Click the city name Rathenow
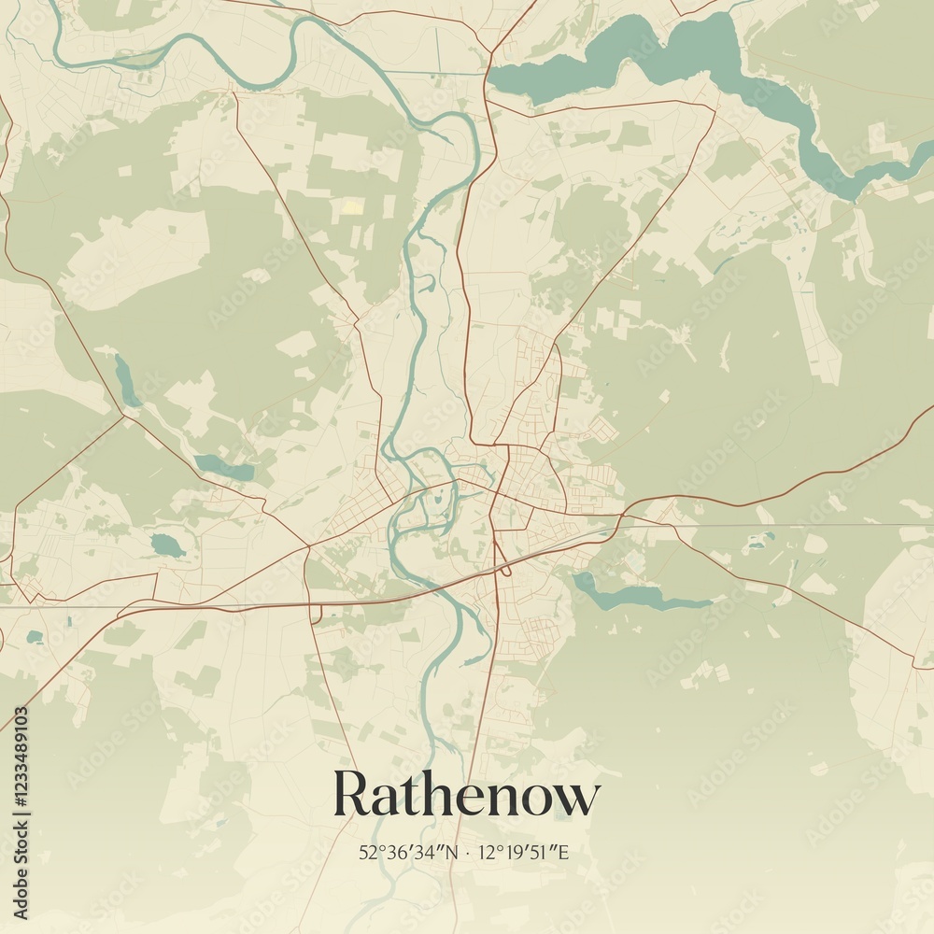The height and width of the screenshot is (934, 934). (x=466, y=795)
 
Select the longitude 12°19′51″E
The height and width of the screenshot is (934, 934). (x=523, y=853)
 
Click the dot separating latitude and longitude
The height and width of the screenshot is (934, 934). (x=466, y=853)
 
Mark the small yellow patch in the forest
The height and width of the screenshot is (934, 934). (x=352, y=206)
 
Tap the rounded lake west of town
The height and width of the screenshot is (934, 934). (x=168, y=545)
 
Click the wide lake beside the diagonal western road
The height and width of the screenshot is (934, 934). (x=224, y=468)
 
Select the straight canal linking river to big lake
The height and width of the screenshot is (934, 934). (x=434, y=72)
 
